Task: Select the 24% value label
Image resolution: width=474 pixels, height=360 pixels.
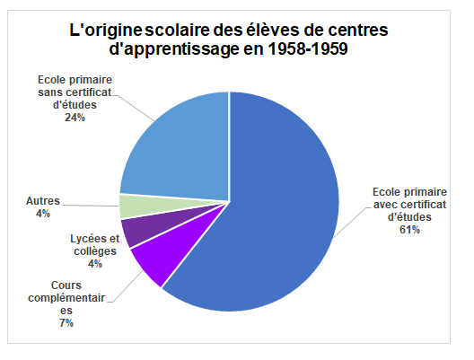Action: (75, 118)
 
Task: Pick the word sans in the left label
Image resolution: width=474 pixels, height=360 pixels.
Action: (55, 92)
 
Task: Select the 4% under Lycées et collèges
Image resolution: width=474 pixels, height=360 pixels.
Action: (94, 264)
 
